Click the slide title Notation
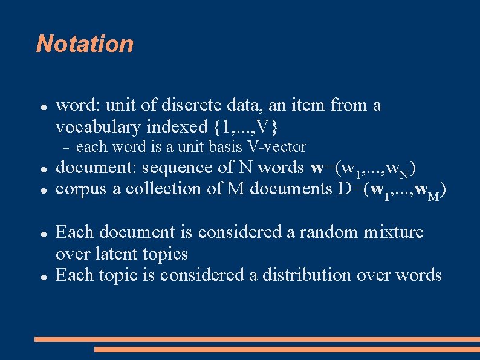pyautogui.click(x=85, y=44)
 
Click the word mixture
pyautogui.click(x=395, y=232)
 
